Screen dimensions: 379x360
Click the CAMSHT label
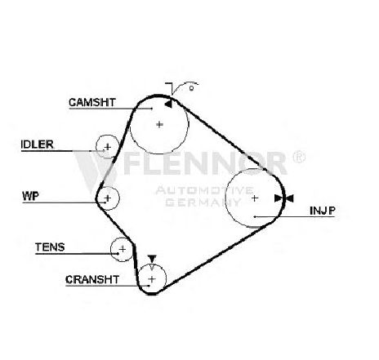[x=92, y=102]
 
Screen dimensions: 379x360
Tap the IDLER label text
[x=38, y=144]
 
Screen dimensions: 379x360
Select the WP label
[x=30, y=196]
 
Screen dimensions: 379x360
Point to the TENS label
[x=50, y=247]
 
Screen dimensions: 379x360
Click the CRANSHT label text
[x=92, y=279]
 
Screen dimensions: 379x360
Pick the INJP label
[x=323, y=211]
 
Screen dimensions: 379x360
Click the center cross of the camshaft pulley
[x=159, y=125]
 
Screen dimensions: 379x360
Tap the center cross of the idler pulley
[x=108, y=147]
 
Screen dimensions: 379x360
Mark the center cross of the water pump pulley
[x=108, y=198]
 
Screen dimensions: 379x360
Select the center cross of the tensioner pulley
[x=123, y=249]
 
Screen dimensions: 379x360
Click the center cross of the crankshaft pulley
[x=152, y=279]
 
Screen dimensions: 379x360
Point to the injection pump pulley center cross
[x=255, y=198]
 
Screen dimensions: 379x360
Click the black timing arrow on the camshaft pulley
[x=168, y=104]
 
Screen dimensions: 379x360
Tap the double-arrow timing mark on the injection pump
[x=284, y=198]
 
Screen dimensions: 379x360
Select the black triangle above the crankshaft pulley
[x=152, y=259]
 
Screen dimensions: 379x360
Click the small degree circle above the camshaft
[x=191, y=88]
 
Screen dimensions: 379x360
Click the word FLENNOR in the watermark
[x=205, y=163]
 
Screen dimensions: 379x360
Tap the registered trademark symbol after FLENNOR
[x=299, y=157]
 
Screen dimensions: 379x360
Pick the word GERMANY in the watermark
[x=203, y=202]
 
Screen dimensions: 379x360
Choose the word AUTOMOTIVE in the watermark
[x=204, y=190]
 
